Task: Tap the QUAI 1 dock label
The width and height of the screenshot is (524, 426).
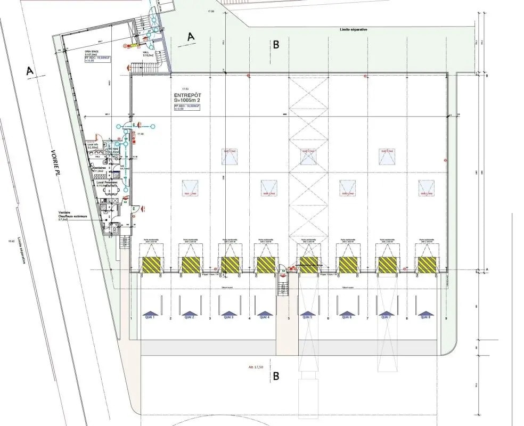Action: pyautogui.click(x=149, y=317)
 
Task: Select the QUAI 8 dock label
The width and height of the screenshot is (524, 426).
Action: pyautogui.click(x=425, y=317)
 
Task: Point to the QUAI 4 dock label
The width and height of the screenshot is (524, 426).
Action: pyautogui.click(x=264, y=317)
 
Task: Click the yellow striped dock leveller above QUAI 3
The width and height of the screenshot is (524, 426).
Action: pyautogui.click(x=230, y=264)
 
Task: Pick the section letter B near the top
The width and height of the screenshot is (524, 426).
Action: pyautogui.click(x=276, y=45)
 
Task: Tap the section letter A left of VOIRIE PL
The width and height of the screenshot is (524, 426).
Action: pyautogui.click(x=30, y=70)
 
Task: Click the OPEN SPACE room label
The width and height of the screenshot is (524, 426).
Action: pyautogui.click(x=77, y=52)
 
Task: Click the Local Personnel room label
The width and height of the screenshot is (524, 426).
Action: pyautogui.click(x=107, y=182)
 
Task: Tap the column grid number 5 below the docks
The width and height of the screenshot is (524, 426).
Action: pyautogui.click(x=289, y=318)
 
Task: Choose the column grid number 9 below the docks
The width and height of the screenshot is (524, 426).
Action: pyautogui.click(x=446, y=318)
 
